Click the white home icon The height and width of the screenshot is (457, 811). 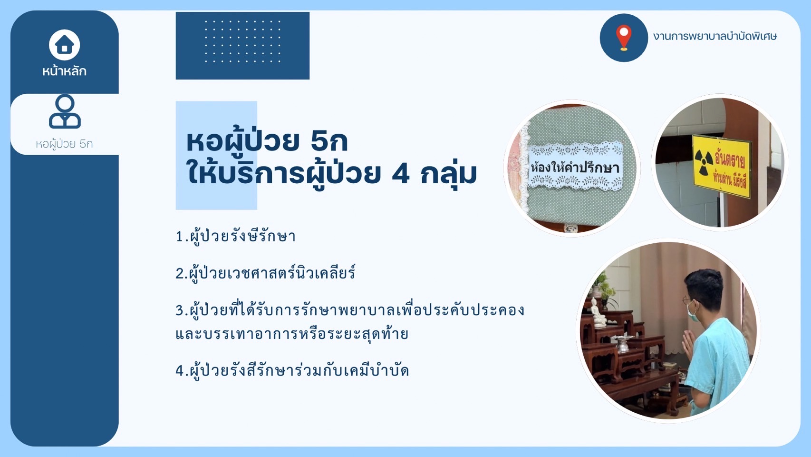coord(65,45)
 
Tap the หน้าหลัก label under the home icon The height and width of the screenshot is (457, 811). coord(65,71)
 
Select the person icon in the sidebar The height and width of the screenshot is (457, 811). coord(65,111)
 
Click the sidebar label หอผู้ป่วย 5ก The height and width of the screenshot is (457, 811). coord(65,144)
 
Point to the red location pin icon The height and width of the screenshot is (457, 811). coord(623,38)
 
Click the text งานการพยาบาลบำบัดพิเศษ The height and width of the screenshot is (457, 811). coord(715,36)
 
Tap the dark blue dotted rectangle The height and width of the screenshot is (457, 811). coord(242,46)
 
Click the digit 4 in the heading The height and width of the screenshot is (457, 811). coord(401,174)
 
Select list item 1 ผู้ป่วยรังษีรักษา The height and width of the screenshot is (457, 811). coord(236,237)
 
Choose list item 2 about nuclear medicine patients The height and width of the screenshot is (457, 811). coord(265,273)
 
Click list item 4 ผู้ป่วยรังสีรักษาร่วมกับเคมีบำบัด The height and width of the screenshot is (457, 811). coord(292,371)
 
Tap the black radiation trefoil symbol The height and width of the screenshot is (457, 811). coord(704,162)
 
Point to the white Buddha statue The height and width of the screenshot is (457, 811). coord(598,313)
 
